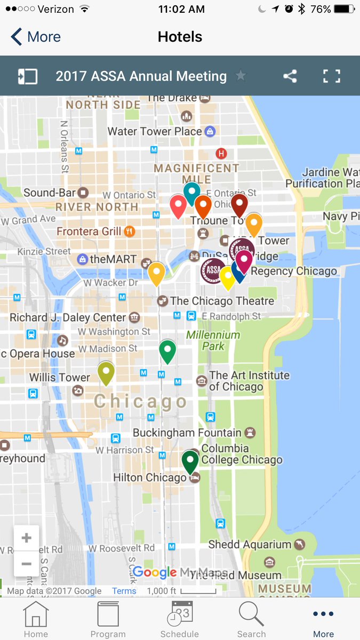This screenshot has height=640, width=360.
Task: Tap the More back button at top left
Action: coord(36,37)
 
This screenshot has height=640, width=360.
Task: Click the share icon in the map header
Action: coord(290,76)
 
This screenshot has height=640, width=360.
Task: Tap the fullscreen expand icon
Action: coord(331,76)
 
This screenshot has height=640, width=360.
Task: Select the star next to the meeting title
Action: coord(241,76)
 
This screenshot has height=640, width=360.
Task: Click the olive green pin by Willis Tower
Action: coord(106,372)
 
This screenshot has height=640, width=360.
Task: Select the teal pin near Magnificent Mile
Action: coord(191,192)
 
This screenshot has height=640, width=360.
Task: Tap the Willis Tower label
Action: coord(59,378)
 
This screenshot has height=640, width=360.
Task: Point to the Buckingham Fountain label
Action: coord(187,433)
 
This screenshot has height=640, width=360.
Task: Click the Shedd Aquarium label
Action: coord(250,545)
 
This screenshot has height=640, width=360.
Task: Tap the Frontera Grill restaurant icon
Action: coord(129,231)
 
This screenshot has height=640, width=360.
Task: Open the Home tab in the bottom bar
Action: coord(36,619)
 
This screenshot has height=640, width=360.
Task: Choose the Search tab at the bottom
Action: coord(251,619)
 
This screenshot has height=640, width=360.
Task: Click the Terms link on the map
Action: coord(124,591)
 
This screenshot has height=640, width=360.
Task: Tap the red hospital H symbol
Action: coord(221,154)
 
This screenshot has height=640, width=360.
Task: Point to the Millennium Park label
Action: coord(213,340)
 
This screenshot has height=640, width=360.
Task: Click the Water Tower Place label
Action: coord(155,131)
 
